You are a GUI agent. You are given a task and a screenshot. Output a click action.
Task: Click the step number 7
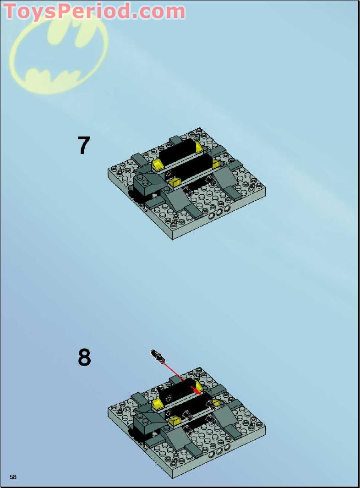tap(84, 145)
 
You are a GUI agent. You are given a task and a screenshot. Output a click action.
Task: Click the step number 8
tap(84, 357)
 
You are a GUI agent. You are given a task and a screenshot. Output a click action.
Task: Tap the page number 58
tap(13, 477)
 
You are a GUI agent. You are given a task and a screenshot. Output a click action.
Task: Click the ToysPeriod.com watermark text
tap(94, 11)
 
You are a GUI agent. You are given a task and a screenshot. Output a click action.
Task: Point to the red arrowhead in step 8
tap(196, 390)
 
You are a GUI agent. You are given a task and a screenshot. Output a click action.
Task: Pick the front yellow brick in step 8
tap(175, 421)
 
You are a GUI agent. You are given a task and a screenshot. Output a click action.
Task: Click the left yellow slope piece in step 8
tap(158, 404)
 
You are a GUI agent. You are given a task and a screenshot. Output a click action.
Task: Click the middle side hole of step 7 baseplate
tap(220, 212)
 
